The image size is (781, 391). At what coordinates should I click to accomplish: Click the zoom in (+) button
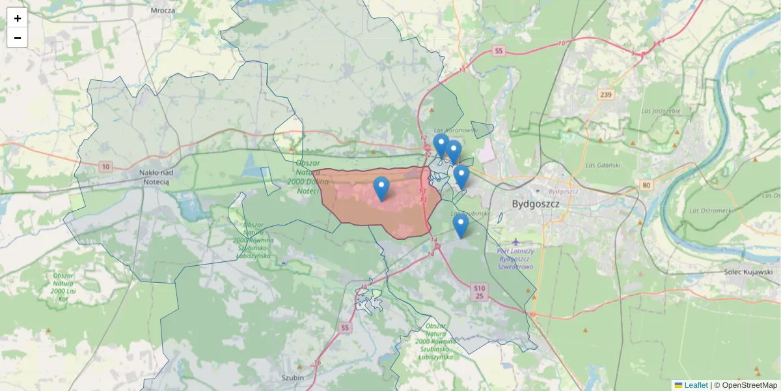[x=17, y=18]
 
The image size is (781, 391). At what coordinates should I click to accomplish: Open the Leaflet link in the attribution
[x=696, y=385]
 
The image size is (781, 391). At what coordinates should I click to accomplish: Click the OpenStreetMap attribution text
[x=749, y=385]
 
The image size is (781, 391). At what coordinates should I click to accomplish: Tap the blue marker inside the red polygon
[x=381, y=189]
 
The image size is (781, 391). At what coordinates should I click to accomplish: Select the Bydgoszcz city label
[x=536, y=203]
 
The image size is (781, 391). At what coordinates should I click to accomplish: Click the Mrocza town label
[x=163, y=10]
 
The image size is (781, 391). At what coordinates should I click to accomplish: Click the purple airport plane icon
[x=515, y=242]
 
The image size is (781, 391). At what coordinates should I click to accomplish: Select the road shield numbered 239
[x=606, y=95]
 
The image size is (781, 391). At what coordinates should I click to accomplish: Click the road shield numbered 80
[x=646, y=185]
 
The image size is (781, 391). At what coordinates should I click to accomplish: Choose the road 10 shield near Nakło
[x=106, y=167]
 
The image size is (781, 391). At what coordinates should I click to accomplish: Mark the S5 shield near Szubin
[x=344, y=328]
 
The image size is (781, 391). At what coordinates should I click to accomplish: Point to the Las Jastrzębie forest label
[x=661, y=111]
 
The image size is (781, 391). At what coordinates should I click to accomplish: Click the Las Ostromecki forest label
[x=711, y=210]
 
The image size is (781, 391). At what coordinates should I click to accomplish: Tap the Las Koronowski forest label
[x=456, y=130]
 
